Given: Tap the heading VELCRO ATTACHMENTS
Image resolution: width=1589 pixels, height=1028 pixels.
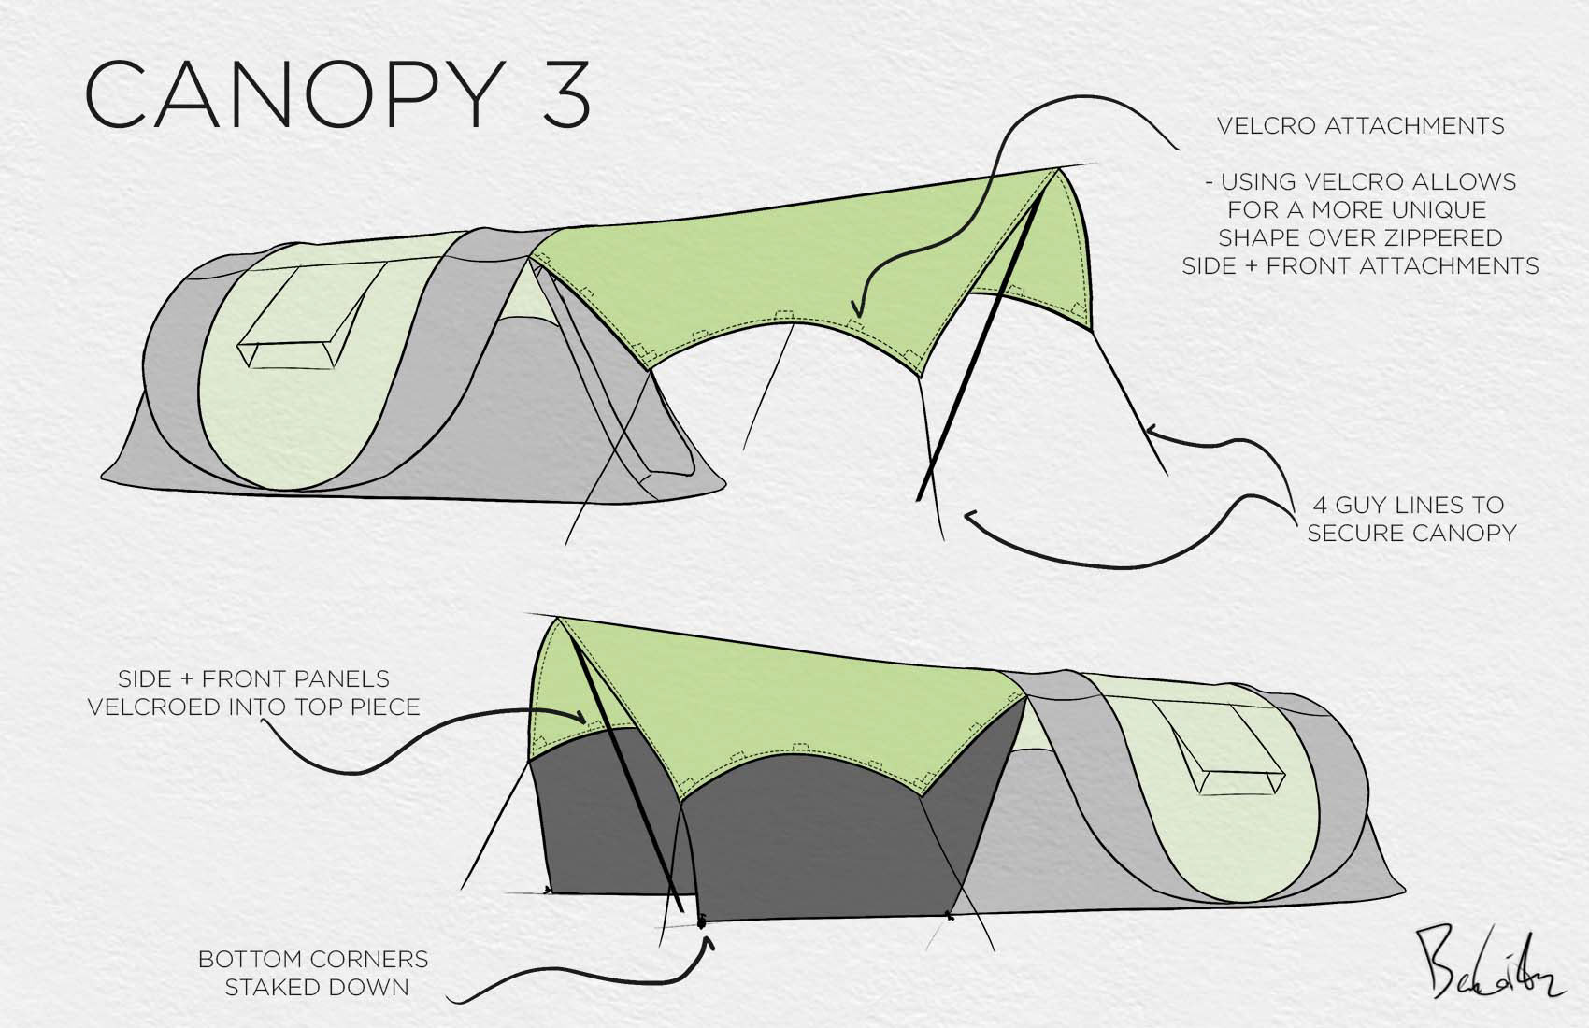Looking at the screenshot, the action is pos(1360,126).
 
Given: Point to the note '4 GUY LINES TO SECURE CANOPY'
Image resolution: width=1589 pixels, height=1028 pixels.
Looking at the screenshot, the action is pos(1410,519).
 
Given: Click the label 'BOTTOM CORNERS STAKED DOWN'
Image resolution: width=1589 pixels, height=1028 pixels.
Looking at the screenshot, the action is pos(314,973).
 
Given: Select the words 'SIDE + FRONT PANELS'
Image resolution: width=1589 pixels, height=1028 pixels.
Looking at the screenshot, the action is pos(253,679).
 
